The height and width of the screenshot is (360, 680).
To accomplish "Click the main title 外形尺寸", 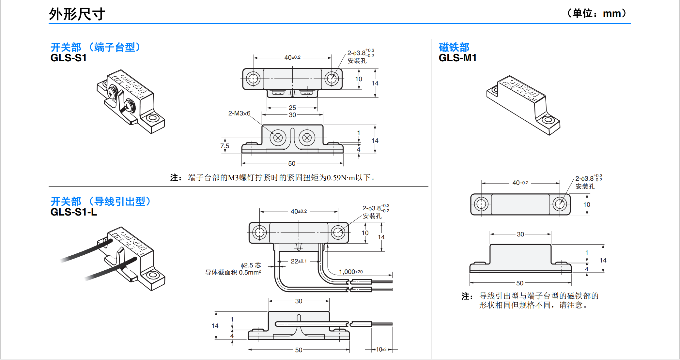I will point(77,14).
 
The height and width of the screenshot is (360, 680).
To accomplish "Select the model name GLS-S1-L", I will point(74,212).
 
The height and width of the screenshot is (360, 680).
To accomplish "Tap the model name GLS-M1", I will point(457,58).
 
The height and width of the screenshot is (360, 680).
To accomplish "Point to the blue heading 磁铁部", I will point(454,47).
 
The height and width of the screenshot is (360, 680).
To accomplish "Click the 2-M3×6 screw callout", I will point(239,113).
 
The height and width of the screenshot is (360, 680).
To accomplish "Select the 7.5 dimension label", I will point(225,146).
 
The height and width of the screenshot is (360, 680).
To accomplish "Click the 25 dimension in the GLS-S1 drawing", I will point(292,107).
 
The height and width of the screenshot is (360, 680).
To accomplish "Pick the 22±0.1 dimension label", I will point(299,261).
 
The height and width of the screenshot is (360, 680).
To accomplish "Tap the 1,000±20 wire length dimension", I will point(351,272).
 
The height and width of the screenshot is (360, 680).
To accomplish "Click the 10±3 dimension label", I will point(381,350).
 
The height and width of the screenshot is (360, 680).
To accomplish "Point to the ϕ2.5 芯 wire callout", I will point(251,265).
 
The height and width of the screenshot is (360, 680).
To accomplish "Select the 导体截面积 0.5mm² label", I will point(233,273).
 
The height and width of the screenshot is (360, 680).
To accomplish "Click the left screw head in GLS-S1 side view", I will point(278,138).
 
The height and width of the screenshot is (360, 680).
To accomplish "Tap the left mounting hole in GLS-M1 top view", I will point(481,204).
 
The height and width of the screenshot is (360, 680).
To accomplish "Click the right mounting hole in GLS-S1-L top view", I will point(338,232).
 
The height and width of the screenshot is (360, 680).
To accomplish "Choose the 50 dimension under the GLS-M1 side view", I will point(520,283).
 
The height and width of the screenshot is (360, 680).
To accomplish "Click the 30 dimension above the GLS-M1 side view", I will point(520,234).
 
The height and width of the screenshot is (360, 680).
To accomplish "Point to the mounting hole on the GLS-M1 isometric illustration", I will point(548,120).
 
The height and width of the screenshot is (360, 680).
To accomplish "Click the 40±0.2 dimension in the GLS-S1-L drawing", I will point(299,211).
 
